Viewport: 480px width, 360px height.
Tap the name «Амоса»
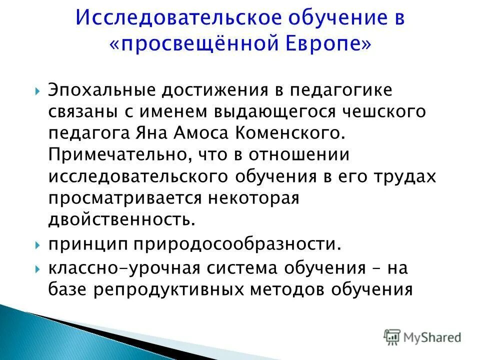pos(200,133)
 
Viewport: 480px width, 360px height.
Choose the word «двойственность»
pos(120,220)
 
